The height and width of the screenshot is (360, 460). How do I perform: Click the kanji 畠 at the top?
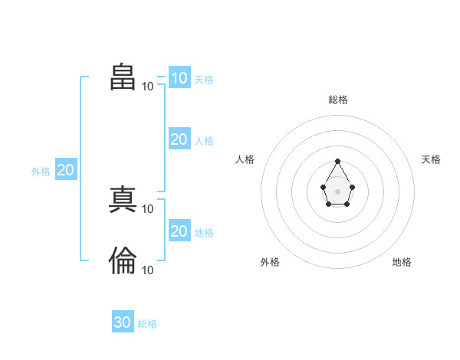point(123,77)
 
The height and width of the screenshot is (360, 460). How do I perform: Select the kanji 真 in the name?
point(123,199)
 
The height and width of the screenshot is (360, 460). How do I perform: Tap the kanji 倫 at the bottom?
point(123,260)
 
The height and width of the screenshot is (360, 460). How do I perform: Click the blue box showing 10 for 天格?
point(179,77)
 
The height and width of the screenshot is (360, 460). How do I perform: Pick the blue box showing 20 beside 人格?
point(179,139)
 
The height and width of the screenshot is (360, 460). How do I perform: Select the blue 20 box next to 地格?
point(179,230)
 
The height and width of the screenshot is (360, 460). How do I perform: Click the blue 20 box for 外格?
point(66,169)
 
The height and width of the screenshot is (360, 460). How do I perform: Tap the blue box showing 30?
point(123,321)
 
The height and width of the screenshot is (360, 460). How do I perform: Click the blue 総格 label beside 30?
point(147,324)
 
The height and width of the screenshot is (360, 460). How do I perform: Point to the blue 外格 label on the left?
point(41,172)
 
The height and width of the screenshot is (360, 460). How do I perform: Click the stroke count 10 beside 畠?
point(147,87)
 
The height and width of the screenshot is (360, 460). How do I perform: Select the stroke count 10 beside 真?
point(147,209)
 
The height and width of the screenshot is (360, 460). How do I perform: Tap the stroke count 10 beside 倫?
point(147,270)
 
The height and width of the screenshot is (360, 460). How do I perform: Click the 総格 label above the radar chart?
point(338,100)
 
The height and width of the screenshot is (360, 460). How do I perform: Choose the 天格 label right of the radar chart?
point(431,159)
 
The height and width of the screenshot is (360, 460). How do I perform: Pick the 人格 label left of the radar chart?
point(245,159)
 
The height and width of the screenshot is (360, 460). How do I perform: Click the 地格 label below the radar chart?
point(402,262)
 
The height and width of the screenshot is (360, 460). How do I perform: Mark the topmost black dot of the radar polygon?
point(337,162)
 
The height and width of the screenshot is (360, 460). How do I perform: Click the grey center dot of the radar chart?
point(337,191)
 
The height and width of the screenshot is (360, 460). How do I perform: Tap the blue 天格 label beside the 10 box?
point(204,80)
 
